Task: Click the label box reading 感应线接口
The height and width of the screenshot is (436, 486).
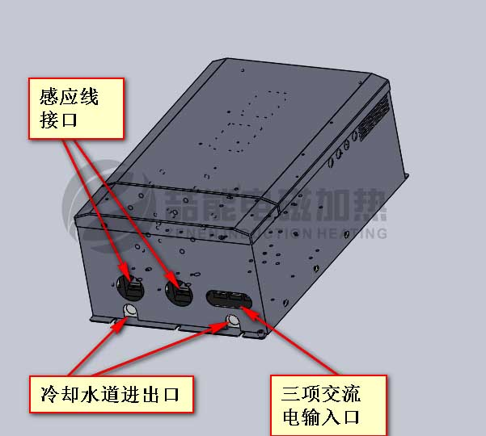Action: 76,108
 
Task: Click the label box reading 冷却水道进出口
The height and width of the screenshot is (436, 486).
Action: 112,394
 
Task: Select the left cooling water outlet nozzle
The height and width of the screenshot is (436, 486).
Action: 129,311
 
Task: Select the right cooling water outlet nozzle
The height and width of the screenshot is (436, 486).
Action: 233,321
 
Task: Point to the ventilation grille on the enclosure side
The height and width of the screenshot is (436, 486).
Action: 374,117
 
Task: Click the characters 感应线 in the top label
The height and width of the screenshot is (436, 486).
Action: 69,96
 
